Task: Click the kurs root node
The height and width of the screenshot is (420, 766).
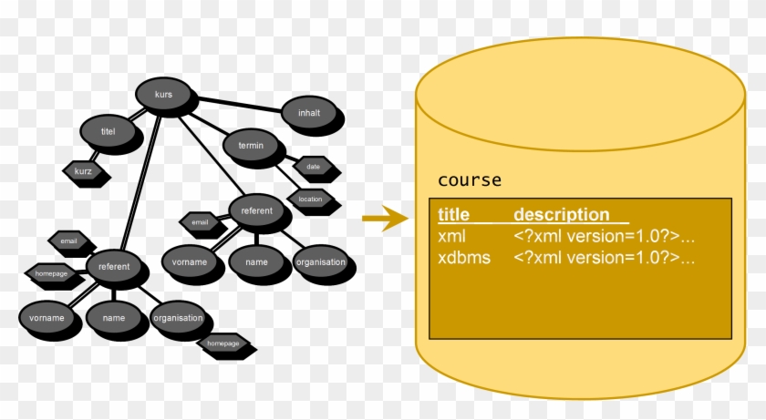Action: (164, 95)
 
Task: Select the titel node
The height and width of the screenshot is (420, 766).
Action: (109, 132)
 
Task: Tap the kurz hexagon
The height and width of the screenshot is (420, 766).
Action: (82, 170)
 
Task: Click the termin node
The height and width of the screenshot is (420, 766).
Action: (250, 146)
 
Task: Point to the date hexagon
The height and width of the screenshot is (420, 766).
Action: (313, 167)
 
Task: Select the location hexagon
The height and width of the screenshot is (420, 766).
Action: (310, 198)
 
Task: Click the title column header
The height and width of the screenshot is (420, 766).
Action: (453, 215)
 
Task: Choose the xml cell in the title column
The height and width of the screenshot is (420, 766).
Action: (451, 237)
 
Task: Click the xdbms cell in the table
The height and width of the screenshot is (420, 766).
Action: (463, 258)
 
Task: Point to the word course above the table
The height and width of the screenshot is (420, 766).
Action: (470, 179)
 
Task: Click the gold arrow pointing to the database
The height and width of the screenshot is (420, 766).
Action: (384, 219)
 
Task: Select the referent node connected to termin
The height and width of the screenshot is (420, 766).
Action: (256, 210)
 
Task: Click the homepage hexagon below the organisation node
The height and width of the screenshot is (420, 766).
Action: (223, 343)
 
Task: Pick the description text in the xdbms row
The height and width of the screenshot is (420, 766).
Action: (604, 258)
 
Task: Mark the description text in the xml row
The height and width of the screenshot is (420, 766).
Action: (604, 237)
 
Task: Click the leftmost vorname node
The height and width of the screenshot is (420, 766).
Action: (47, 318)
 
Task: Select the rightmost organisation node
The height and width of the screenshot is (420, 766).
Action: (320, 262)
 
